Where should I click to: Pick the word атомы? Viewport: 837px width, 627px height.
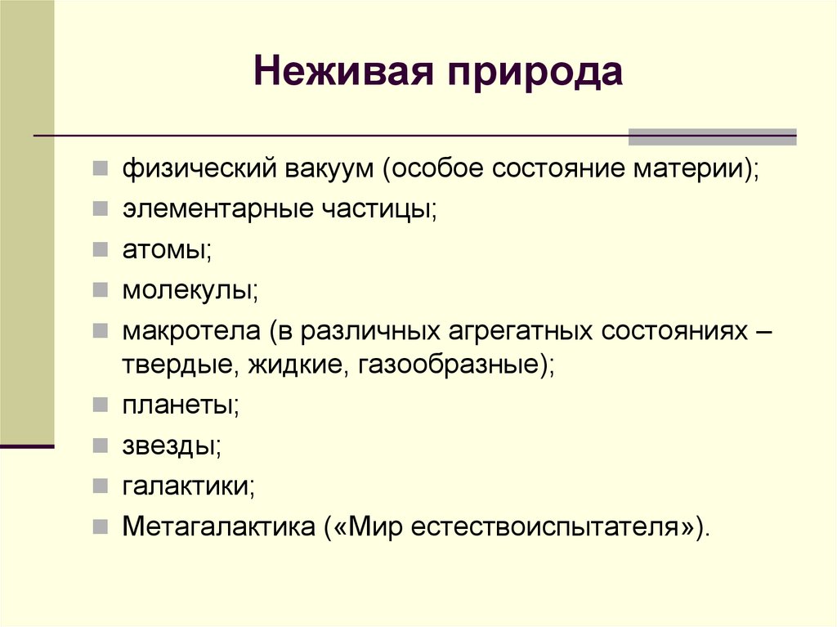tap(167, 249)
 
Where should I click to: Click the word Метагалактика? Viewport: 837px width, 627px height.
tap(219, 525)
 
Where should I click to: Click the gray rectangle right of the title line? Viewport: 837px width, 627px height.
tap(711, 137)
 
